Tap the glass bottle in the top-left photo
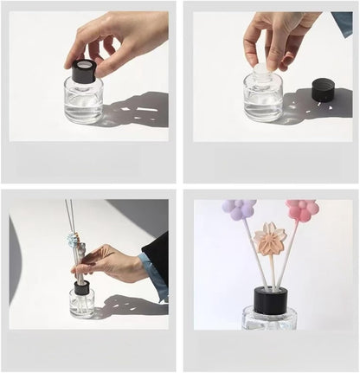coord(83,102)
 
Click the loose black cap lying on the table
coord(323,89)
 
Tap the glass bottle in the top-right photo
coord(263,99)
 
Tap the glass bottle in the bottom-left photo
coord(82,304)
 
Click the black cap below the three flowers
coord(270,301)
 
